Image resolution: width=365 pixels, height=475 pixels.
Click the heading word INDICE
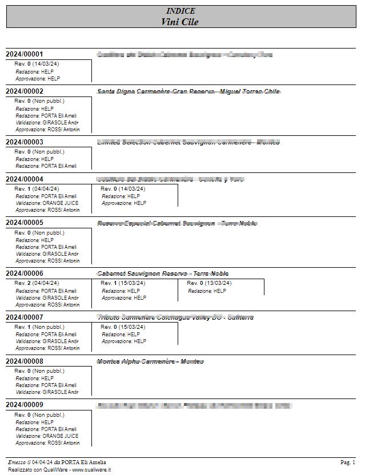click(181, 11)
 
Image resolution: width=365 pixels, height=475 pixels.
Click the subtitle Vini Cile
click(181, 22)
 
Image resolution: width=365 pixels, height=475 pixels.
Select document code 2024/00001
click(25, 54)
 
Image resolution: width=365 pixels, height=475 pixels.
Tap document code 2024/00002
click(25, 91)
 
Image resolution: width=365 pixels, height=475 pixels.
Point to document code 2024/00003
click(25, 142)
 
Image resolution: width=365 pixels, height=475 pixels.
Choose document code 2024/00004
click(25, 179)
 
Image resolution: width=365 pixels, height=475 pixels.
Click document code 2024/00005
click(25, 223)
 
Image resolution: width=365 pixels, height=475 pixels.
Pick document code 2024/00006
click(25, 273)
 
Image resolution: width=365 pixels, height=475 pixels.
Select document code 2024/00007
click(25, 317)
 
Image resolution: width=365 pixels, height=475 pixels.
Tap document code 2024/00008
click(25, 361)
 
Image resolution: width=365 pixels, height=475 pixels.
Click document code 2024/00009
click(25, 405)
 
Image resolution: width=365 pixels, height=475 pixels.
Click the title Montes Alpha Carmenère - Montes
click(150, 361)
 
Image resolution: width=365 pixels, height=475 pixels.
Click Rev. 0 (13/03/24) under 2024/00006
click(209, 283)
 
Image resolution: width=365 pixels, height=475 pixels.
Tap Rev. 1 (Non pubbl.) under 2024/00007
click(39, 327)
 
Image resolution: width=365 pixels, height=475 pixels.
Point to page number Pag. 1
click(348, 462)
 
